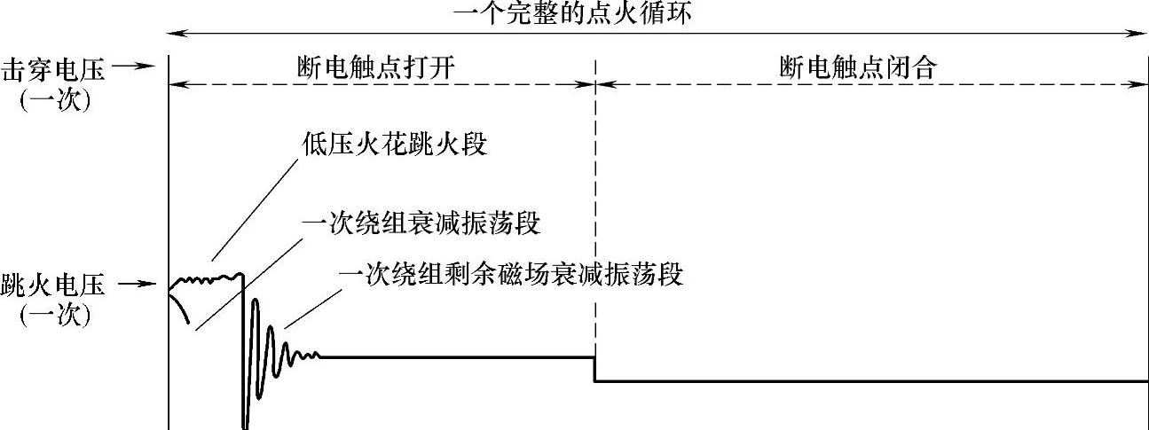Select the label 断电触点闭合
[858, 68]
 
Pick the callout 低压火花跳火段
[394, 144]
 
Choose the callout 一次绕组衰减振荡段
[421, 222]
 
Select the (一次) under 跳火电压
[54, 315]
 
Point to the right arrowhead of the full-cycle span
[1142, 34]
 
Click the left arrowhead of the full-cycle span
[174, 34]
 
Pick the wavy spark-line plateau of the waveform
[209, 280]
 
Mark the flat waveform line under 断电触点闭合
[870, 382]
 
